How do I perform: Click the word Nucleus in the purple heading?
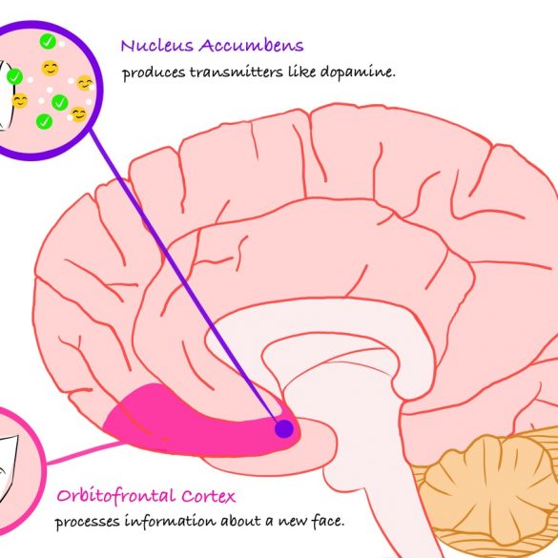pos(157,46)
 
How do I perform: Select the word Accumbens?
pos(251,46)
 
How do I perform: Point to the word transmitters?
pos(236,72)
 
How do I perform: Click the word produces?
pos(154,72)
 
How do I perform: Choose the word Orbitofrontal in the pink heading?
pos(115,496)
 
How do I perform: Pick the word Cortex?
pos(208,496)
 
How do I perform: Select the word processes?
pos(87,523)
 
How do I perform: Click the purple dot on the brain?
pos(284,428)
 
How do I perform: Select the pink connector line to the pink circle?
pos(85,453)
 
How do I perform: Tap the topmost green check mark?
pos(48,42)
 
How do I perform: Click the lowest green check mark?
pos(44,122)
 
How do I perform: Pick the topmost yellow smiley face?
pos(51,68)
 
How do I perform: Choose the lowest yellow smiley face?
pos(78,114)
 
